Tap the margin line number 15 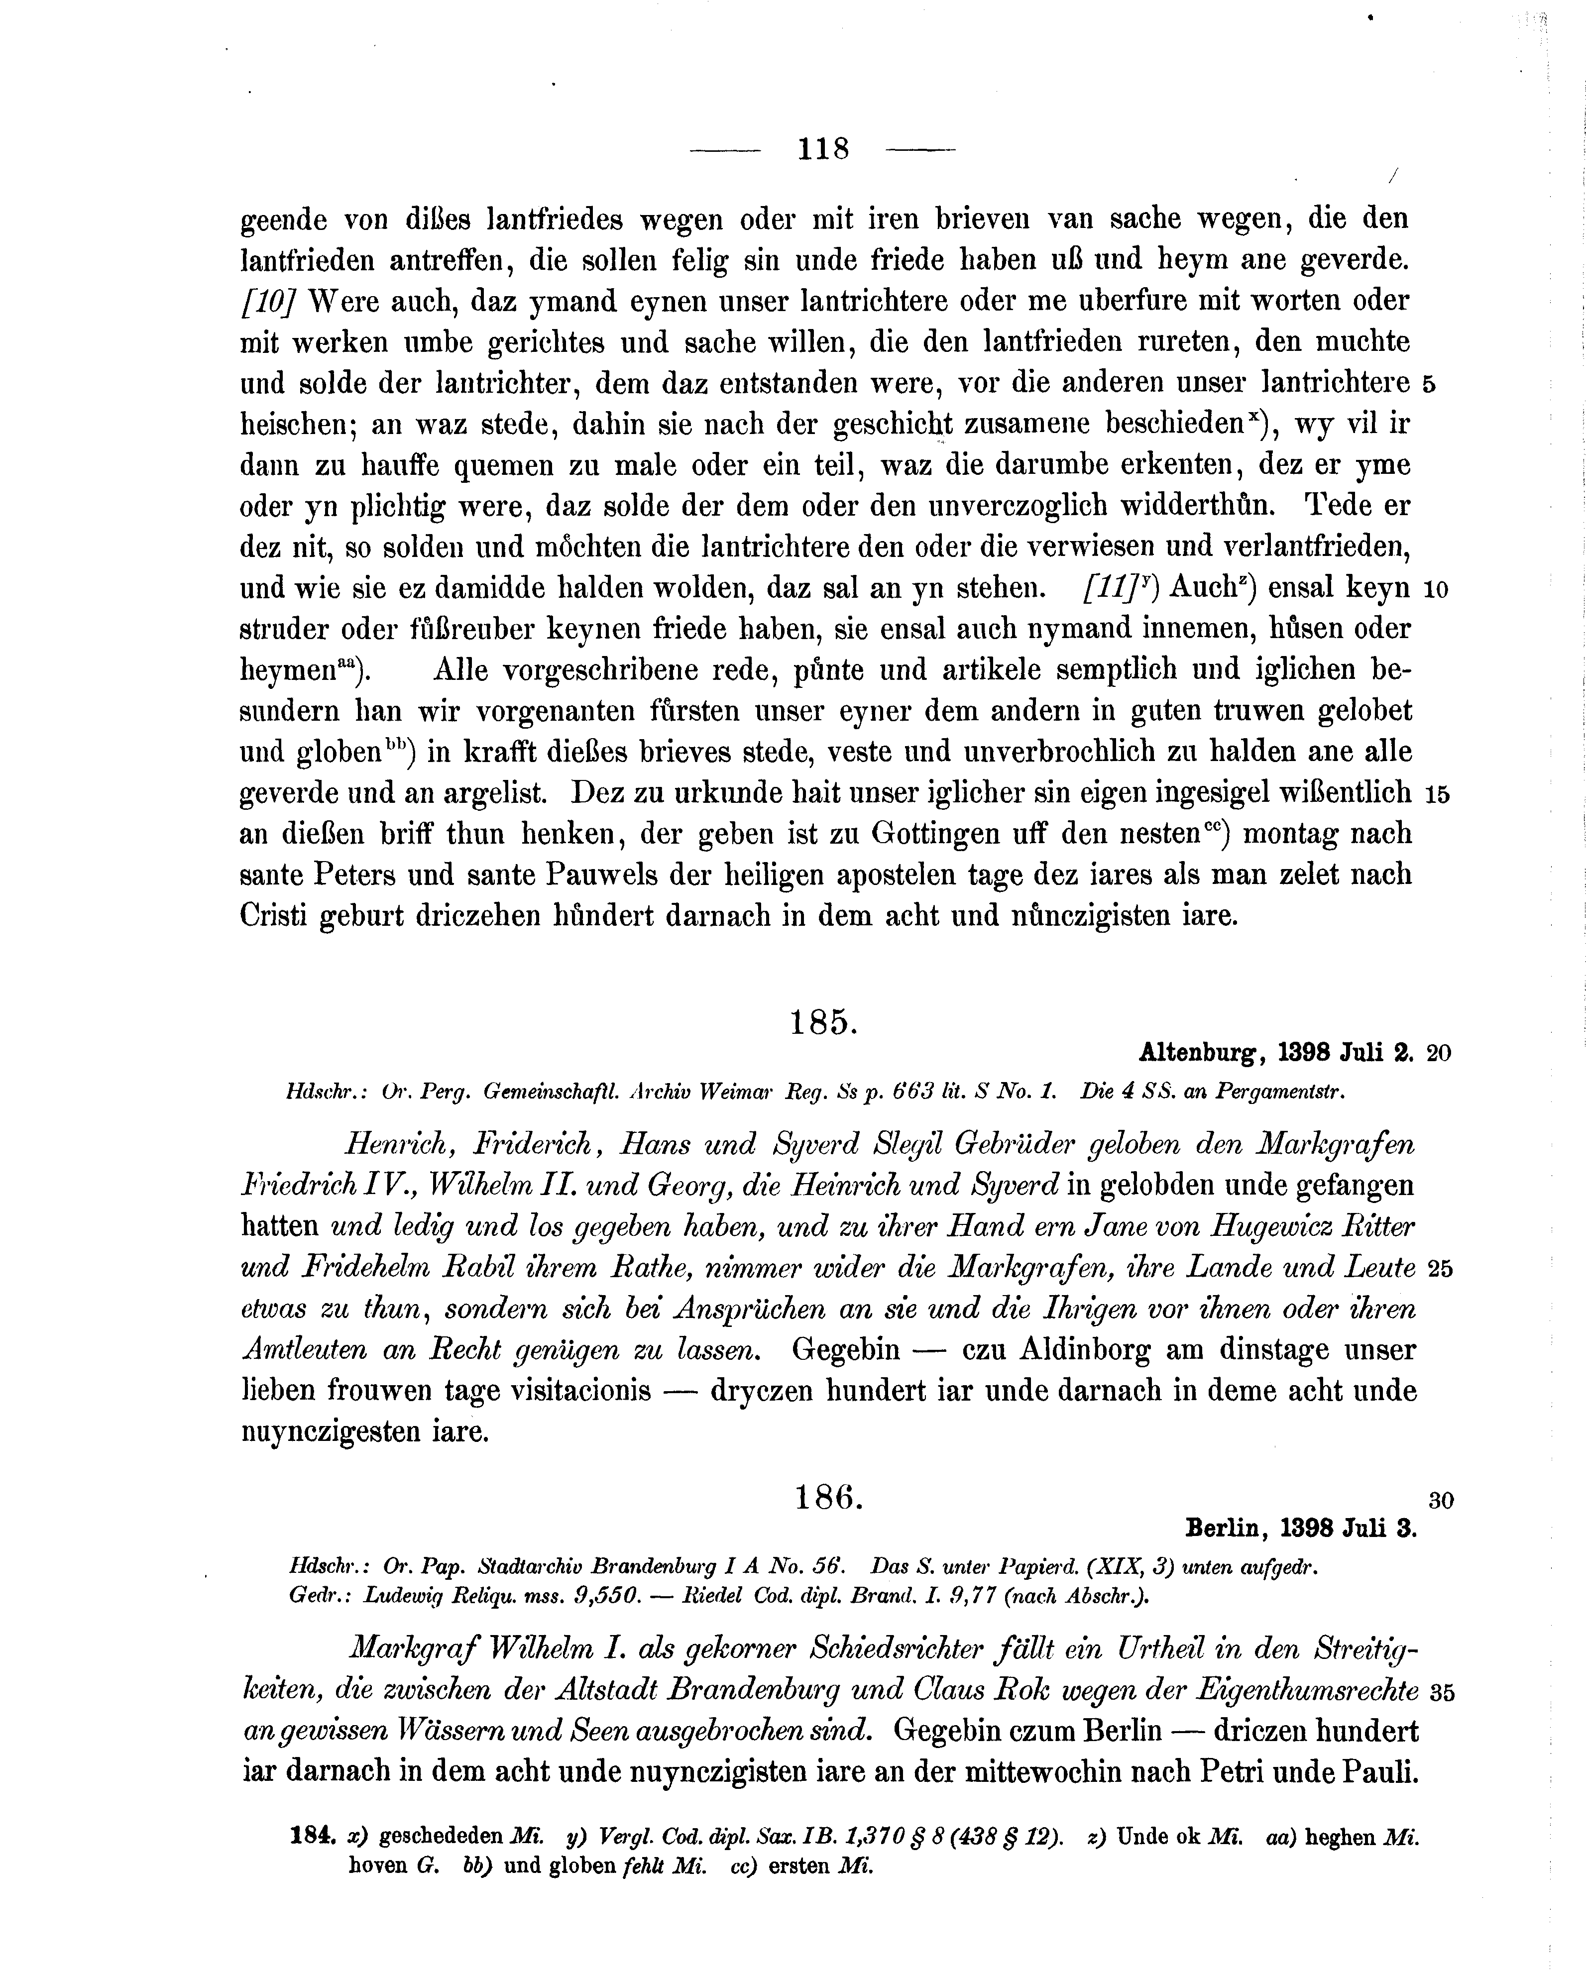click(x=1437, y=794)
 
